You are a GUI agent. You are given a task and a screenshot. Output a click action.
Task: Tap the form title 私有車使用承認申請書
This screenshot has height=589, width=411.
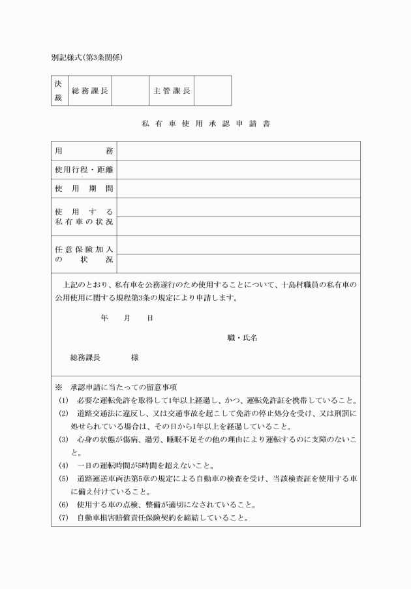pyautogui.click(x=205, y=123)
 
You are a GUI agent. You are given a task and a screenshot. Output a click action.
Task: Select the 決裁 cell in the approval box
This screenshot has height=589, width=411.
pyautogui.click(x=58, y=91)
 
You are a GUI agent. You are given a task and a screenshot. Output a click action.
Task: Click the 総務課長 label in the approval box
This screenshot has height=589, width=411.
pyautogui.click(x=89, y=91)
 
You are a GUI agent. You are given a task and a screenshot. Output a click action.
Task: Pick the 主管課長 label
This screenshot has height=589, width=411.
pyautogui.click(x=172, y=91)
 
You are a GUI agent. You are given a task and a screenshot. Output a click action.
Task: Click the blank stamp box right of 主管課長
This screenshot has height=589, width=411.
pyautogui.click(x=213, y=91)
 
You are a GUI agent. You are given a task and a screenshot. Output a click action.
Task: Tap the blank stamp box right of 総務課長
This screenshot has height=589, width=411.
pyautogui.click(x=130, y=91)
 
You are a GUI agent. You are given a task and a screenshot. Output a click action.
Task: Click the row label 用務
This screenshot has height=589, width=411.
pyautogui.click(x=84, y=151)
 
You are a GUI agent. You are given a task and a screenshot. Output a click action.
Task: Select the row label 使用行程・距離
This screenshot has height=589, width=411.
pyautogui.click(x=84, y=170)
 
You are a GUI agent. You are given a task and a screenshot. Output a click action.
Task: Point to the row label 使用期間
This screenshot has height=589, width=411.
pyautogui.click(x=84, y=189)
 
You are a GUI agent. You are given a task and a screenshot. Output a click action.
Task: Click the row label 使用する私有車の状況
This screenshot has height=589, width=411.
pyautogui.click(x=84, y=217)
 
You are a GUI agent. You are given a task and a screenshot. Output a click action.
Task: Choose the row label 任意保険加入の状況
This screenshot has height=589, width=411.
pyautogui.click(x=84, y=254)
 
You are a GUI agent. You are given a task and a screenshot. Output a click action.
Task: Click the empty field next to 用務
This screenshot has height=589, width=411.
pyautogui.click(x=238, y=151)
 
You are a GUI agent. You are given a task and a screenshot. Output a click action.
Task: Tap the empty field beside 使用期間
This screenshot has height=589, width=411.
pyautogui.click(x=238, y=189)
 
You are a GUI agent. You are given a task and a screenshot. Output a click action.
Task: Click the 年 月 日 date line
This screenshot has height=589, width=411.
pyautogui.click(x=127, y=318)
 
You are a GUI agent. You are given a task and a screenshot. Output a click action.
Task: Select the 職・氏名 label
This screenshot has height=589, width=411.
pyautogui.click(x=242, y=338)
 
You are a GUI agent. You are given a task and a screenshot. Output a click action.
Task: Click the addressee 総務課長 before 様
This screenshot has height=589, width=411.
pyautogui.click(x=85, y=357)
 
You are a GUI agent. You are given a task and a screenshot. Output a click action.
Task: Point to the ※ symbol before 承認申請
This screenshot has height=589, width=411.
pyautogui.click(x=58, y=387)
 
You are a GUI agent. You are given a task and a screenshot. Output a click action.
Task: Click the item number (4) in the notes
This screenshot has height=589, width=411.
pyautogui.click(x=63, y=465)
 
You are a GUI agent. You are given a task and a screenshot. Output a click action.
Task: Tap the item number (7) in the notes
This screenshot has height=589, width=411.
pyautogui.click(x=63, y=518)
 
